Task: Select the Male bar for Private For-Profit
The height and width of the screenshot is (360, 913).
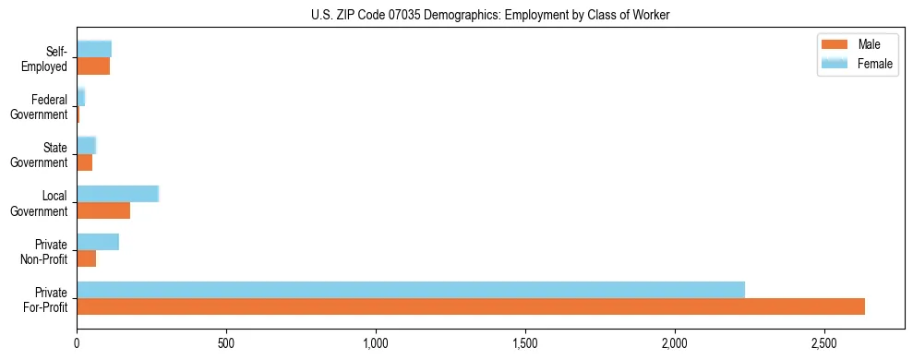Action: click(x=471, y=306)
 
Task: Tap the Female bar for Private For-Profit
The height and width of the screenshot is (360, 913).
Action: click(x=411, y=290)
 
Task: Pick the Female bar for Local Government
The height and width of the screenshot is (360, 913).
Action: click(x=118, y=194)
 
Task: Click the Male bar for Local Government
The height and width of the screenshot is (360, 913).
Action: click(x=103, y=210)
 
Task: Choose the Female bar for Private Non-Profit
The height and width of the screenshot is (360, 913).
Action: click(x=98, y=242)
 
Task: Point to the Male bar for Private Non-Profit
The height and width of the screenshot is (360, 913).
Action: click(x=87, y=258)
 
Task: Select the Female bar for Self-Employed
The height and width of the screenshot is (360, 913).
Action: click(x=94, y=49)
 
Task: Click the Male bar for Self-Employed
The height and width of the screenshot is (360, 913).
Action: click(x=93, y=66)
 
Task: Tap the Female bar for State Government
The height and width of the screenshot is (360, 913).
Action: click(x=87, y=145)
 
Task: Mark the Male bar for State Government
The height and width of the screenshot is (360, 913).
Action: click(x=85, y=162)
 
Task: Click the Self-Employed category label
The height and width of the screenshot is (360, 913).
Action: click(x=45, y=59)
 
